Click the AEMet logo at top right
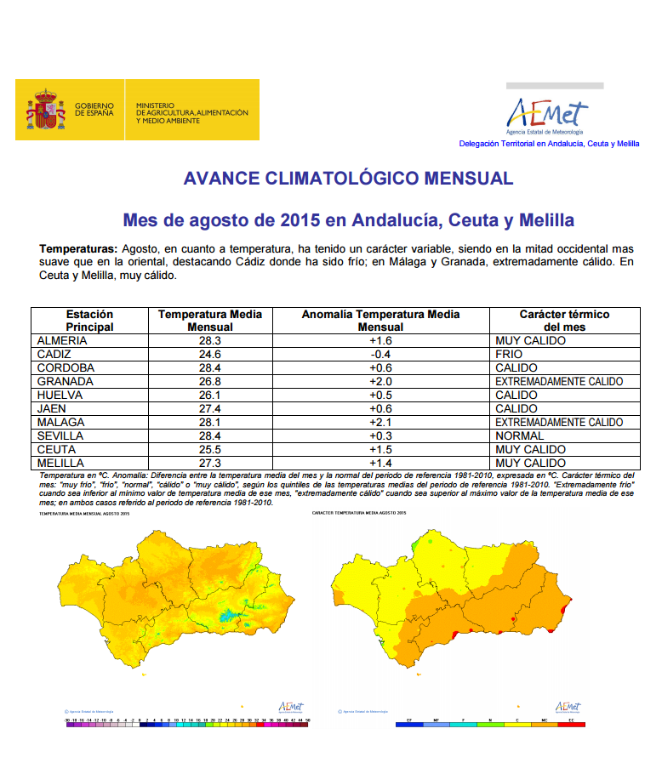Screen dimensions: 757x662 547,114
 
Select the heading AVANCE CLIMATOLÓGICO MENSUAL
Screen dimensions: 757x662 348,179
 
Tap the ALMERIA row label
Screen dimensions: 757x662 63,340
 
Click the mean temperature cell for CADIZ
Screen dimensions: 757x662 210,354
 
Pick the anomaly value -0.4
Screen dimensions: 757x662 380,354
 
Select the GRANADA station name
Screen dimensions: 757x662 65,381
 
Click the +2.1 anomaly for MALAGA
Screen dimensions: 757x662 380,422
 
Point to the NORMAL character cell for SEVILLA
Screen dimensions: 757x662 520,435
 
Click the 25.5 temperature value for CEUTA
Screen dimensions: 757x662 210,449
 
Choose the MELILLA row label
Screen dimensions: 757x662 62,463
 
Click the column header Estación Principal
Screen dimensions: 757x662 89,321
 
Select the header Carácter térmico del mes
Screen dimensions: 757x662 564,321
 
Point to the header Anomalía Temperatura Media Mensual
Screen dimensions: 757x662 380,321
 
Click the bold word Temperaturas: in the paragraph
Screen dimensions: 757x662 78,248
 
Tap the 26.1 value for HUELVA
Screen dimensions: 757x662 210,395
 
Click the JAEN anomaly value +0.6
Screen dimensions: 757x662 380,408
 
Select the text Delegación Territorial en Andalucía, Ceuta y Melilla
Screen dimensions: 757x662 549,144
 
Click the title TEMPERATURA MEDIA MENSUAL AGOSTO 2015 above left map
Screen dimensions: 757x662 84,514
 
